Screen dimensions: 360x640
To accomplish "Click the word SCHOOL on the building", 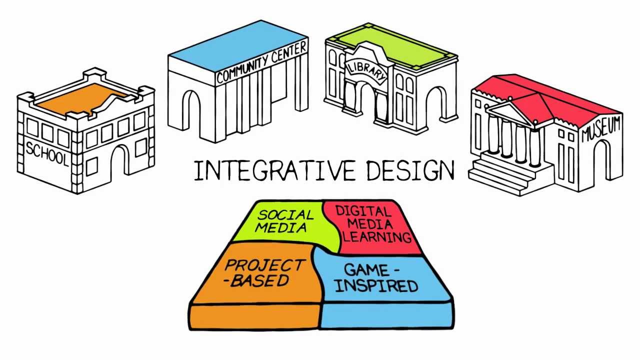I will click(46, 153).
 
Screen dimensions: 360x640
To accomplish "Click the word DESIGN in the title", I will click(410, 170).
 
